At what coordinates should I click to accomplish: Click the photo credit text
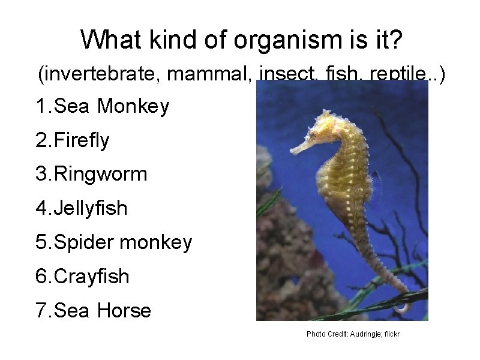pyautogui.click(x=353, y=334)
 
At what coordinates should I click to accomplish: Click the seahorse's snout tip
pyautogui.click(x=292, y=151)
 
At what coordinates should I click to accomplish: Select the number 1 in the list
pyautogui.click(x=41, y=106)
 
